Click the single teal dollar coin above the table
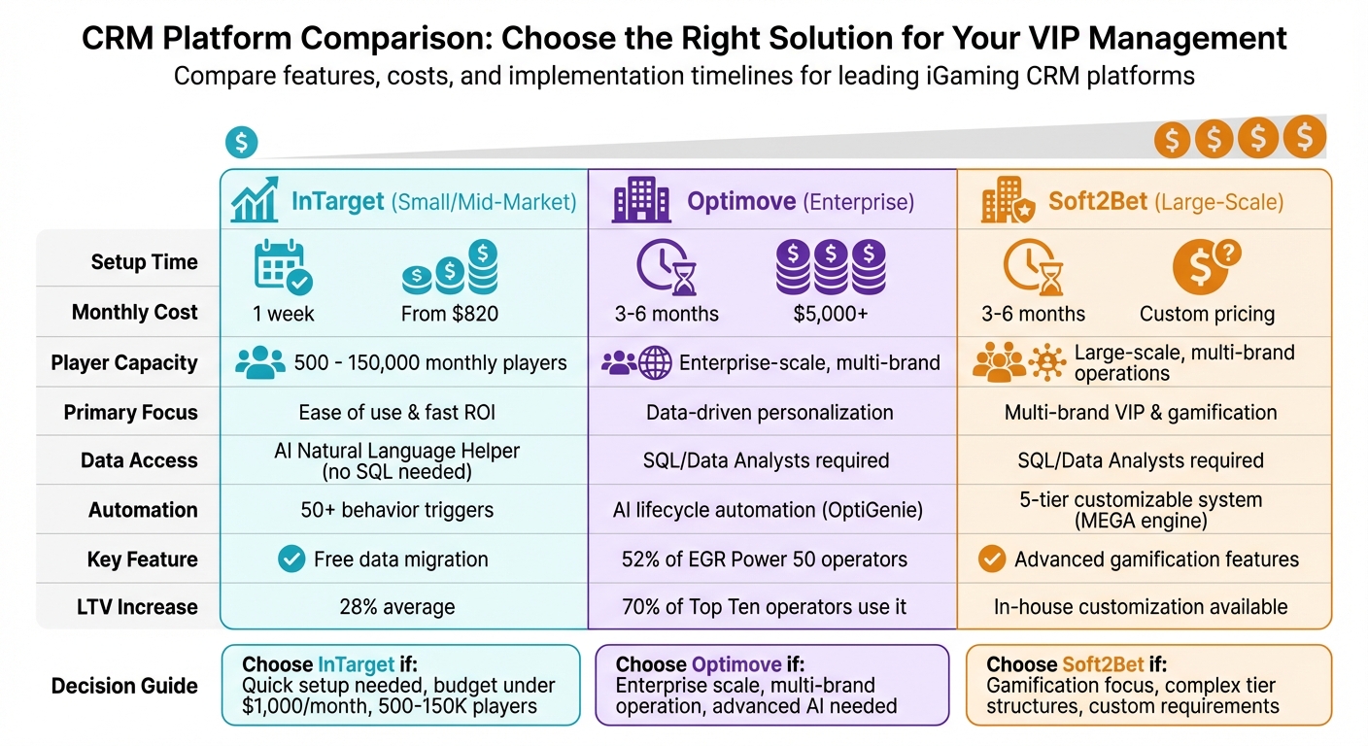pos(241,143)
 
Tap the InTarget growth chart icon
pos(255,201)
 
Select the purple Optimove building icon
pos(641,200)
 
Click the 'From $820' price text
pos(450,314)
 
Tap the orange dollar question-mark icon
pos(1206,265)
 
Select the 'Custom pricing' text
pos(1207,314)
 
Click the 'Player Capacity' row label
pos(124,363)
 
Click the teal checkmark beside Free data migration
pos(291,559)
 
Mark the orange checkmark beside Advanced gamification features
pos(991,559)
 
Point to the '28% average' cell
pos(397,607)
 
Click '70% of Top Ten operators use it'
pos(765,607)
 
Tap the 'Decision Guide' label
pos(124,686)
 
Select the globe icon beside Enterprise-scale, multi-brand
pos(654,363)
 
